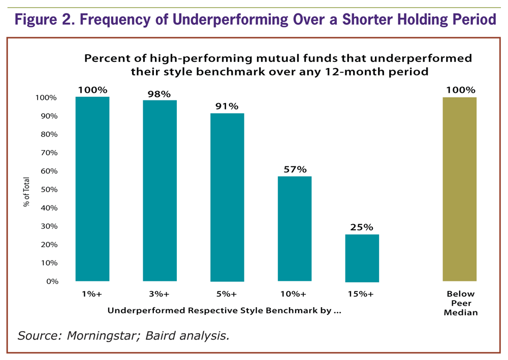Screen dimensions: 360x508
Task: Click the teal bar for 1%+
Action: (92, 189)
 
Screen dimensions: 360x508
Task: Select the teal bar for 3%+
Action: (160, 191)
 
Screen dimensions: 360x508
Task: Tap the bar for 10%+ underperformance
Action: (294, 229)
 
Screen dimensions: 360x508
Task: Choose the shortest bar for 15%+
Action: (362, 258)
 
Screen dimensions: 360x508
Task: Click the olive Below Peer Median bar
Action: (460, 189)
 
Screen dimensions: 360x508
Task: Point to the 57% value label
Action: (294, 169)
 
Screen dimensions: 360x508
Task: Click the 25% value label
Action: (362, 227)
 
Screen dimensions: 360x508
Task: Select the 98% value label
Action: (160, 94)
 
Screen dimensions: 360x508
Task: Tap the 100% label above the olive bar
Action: (460, 90)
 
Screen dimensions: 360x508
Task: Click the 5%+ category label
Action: (227, 294)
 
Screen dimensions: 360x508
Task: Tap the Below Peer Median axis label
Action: (460, 303)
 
